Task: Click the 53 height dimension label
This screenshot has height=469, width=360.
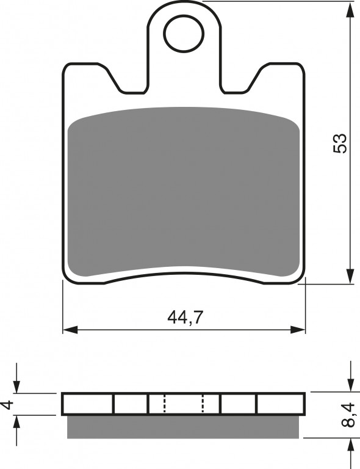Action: [x=340, y=144]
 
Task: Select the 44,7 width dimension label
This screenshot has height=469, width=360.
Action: [x=185, y=318]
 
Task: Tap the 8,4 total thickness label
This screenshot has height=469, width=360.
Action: [x=348, y=415]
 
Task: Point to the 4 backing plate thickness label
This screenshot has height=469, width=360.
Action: [x=7, y=405]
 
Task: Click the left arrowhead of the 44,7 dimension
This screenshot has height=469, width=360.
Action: [x=70, y=330]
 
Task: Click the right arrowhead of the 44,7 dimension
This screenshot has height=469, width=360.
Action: [x=298, y=330]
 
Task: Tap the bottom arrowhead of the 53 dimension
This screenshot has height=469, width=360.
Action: [x=350, y=276]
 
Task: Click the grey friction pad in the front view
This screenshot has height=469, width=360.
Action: [x=184, y=191]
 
